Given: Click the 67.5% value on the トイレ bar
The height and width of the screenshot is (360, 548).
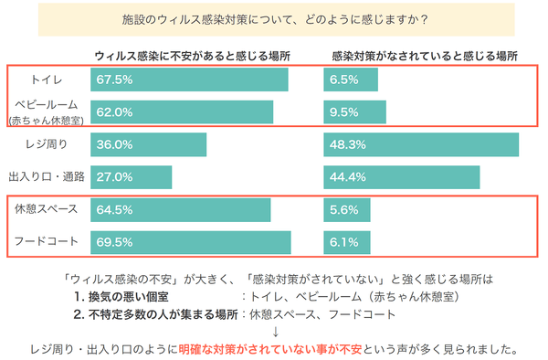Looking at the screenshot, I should (114, 79).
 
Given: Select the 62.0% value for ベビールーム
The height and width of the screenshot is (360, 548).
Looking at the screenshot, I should (114, 111).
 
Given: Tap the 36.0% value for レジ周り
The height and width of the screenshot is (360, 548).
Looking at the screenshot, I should (114, 144).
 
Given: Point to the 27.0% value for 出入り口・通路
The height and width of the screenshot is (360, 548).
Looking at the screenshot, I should (114, 175).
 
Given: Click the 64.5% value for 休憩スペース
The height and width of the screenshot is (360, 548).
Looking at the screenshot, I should (114, 209).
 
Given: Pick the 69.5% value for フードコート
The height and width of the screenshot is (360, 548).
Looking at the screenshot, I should (114, 242).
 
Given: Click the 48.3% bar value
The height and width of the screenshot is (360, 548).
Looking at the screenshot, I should (346, 144).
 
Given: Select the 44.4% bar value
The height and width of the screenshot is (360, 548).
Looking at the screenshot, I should (346, 175).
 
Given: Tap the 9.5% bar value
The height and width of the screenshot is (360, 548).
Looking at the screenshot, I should (343, 111).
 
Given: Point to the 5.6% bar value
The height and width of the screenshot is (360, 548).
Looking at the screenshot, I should (343, 209).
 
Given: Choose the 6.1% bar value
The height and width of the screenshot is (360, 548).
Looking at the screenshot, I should (343, 242).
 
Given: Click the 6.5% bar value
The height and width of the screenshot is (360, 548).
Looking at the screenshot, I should (343, 79).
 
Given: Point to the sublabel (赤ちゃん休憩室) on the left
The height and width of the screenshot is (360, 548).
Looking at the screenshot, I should (46, 120).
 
